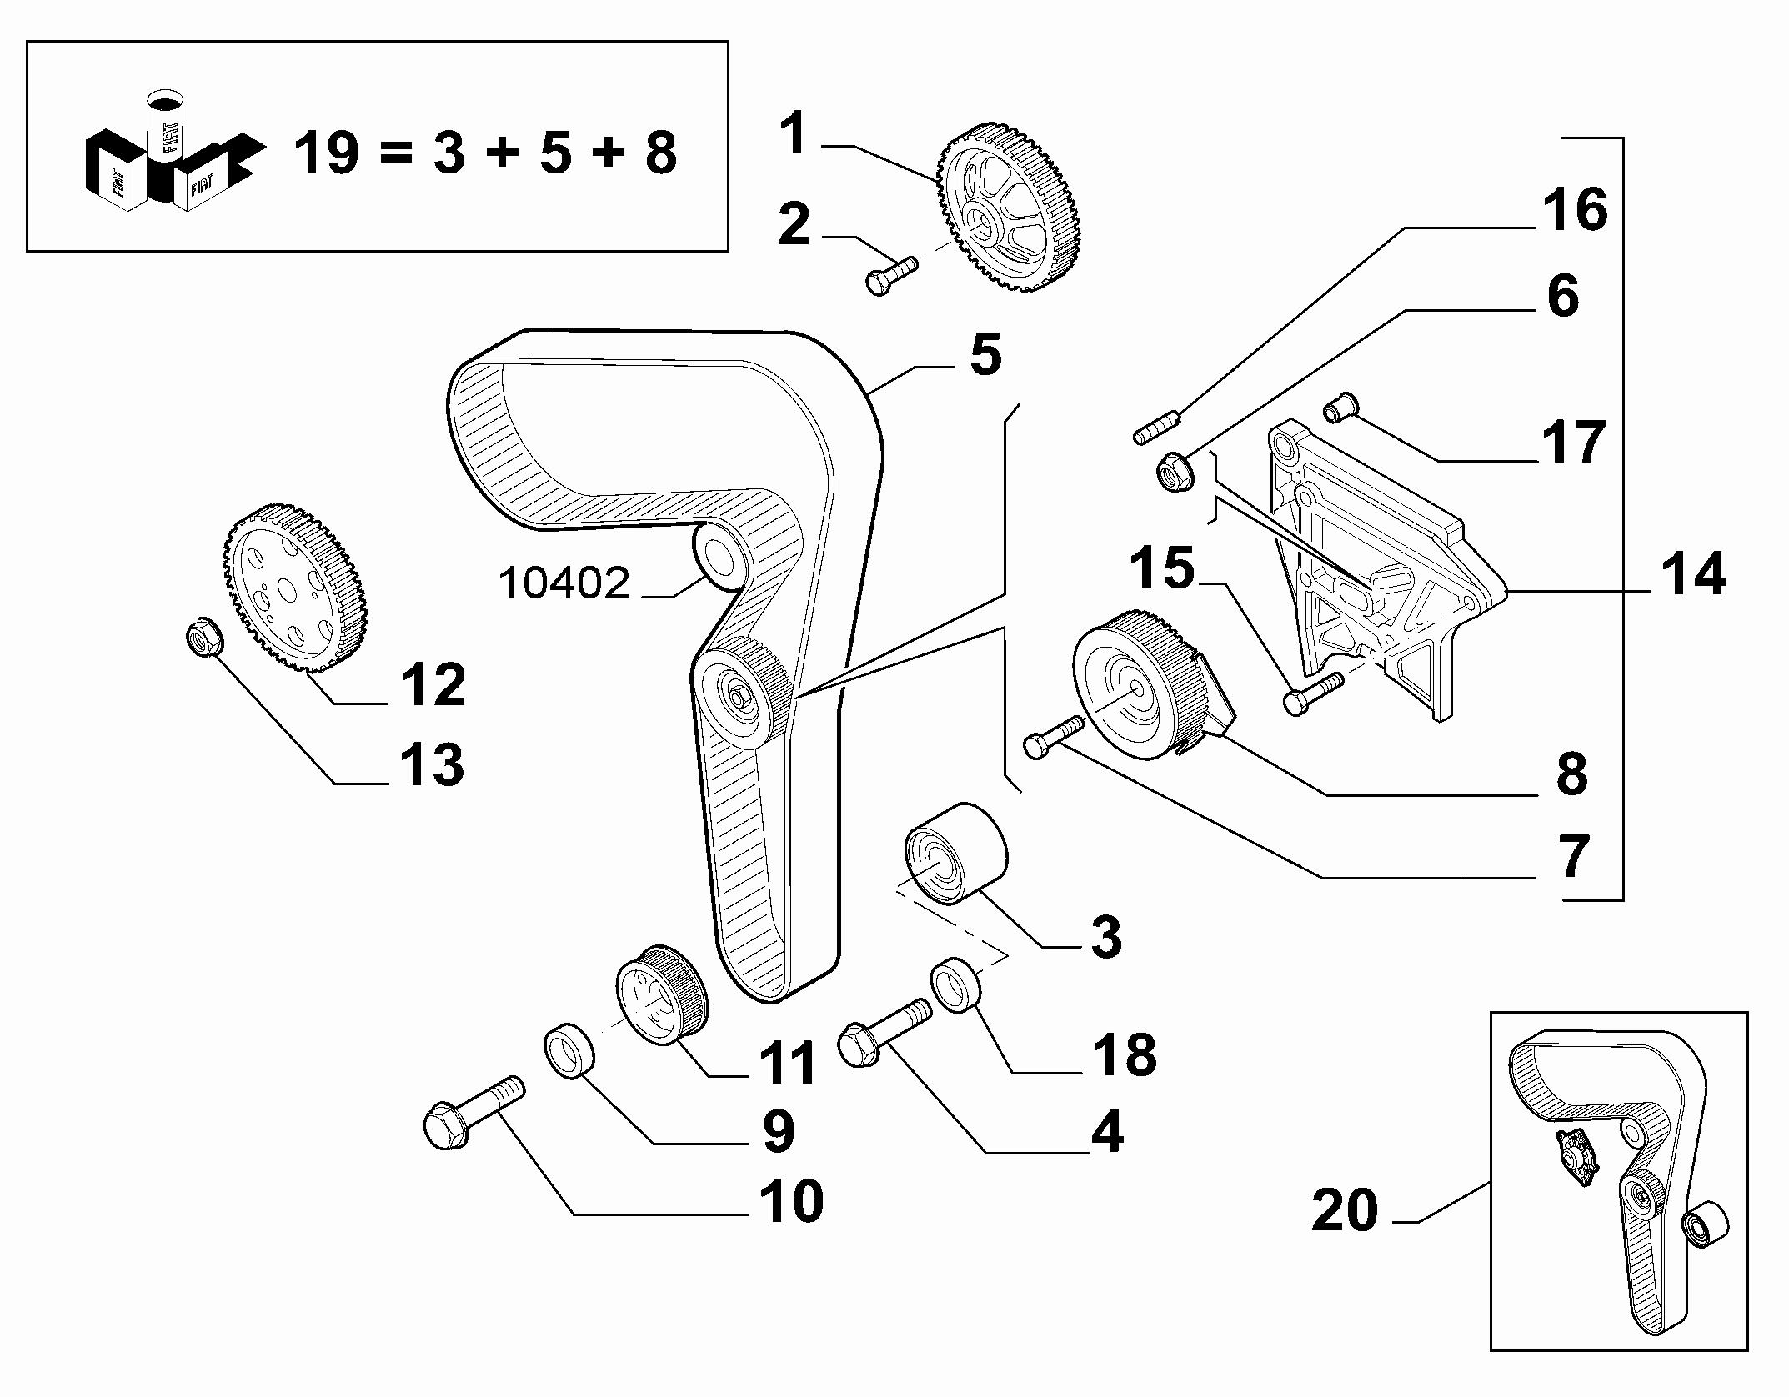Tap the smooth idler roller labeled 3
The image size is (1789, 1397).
click(x=956, y=853)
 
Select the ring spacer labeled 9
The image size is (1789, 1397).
click(x=569, y=1052)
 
